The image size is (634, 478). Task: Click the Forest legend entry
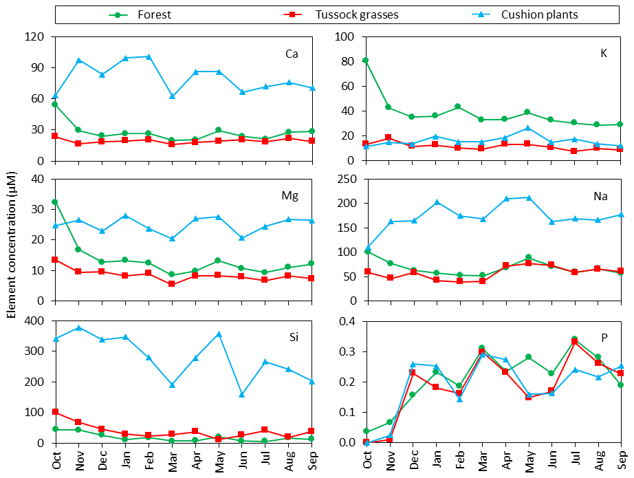153,14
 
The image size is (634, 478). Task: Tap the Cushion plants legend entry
538,14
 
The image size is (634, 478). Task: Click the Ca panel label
292,54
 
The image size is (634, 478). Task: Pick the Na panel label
600,196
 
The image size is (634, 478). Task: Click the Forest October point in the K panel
365,61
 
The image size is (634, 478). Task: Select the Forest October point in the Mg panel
55,202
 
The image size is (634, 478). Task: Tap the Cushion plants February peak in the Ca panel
149,56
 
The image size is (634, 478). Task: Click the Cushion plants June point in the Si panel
242,395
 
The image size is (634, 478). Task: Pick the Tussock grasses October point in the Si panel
55,411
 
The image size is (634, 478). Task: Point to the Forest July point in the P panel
574,339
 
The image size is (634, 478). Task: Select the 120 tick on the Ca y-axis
36,36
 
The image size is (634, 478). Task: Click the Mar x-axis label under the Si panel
172,458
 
